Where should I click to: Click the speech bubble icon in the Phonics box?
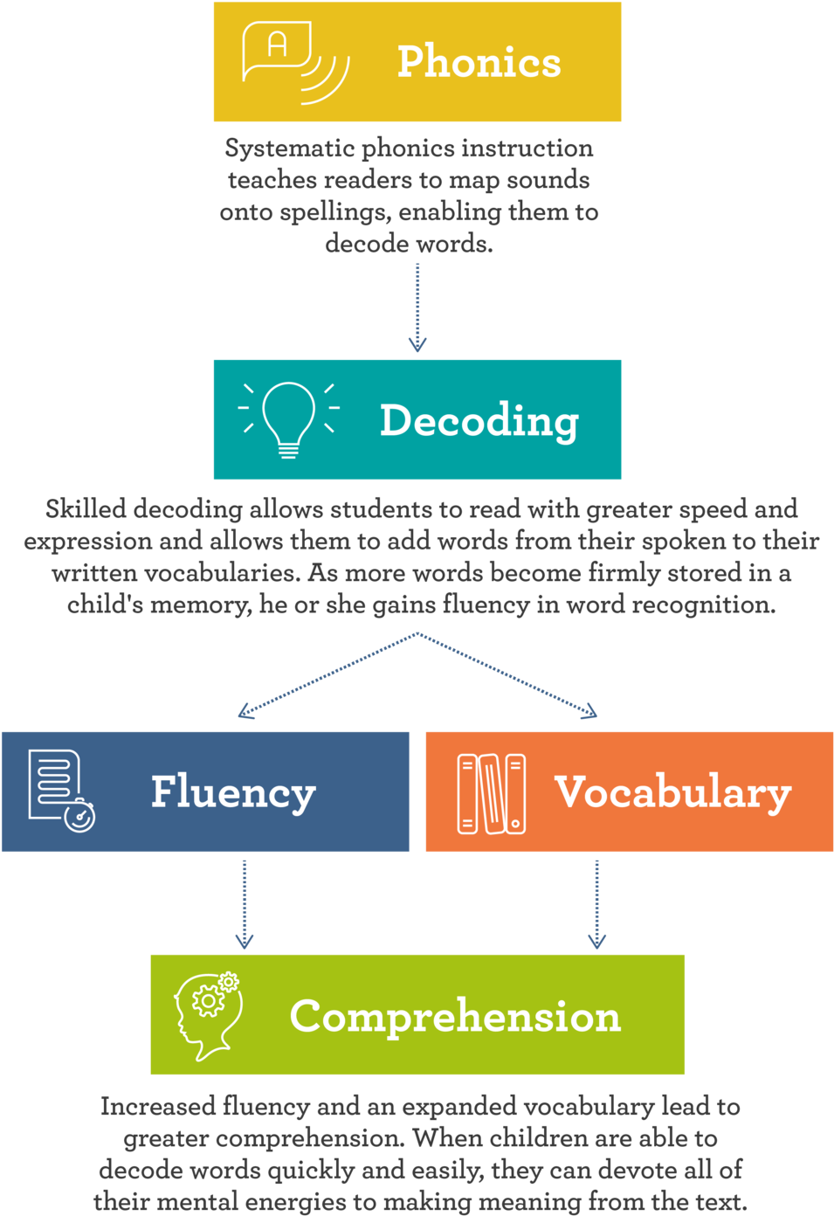pyautogui.click(x=296, y=62)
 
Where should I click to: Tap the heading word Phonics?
pyautogui.click(x=479, y=61)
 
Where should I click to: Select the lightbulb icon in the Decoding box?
pyautogui.click(x=289, y=419)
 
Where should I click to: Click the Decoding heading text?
pyautogui.click(x=479, y=422)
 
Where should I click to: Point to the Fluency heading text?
pyautogui.click(x=233, y=793)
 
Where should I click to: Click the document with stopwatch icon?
pyautogui.click(x=61, y=791)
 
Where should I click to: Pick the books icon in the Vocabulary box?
pyautogui.click(x=492, y=793)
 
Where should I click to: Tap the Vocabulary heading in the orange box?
pyautogui.click(x=672, y=793)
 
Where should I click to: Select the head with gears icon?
pyautogui.click(x=207, y=1016)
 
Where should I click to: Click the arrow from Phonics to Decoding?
pyautogui.click(x=417, y=307)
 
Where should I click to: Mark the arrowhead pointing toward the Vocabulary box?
pyautogui.click(x=589, y=712)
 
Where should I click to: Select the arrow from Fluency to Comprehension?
pyautogui.click(x=245, y=904)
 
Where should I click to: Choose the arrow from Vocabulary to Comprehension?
pyautogui.click(x=596, y=904)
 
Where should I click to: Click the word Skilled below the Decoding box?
pyautogui.click(x=86, y=509)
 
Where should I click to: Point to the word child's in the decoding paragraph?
pyautogui.click(x=105, y=605)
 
